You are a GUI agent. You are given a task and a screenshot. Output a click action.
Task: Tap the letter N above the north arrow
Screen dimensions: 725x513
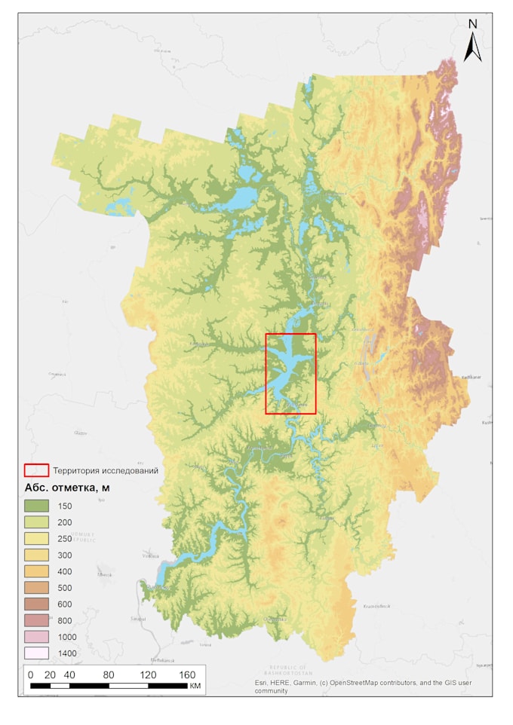click(473, 23)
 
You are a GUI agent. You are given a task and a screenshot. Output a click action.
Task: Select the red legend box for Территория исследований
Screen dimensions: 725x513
click(36, 470)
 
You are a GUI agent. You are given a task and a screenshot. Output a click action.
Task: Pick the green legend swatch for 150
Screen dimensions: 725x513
click(36, 506)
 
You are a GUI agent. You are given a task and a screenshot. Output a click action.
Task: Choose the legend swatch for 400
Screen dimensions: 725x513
click(36, 571)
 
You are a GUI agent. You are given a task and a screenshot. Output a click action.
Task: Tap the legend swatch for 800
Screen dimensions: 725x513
click(36, 620)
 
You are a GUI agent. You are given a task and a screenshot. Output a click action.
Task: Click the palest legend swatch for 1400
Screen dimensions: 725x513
click(36, 653)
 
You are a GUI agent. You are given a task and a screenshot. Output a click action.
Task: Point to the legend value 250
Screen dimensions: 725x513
click(65, 538)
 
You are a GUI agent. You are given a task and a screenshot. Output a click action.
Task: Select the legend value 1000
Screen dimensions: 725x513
click(67, 637)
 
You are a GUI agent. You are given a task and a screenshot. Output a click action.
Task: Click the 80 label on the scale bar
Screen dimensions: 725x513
click(109, 675)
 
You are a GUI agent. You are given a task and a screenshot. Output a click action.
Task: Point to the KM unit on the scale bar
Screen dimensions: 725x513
click(195, 687)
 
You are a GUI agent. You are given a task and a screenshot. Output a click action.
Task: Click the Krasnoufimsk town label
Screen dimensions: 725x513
click(376, 606)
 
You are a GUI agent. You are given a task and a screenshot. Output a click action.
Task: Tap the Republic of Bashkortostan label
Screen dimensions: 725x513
click(281, 670)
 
